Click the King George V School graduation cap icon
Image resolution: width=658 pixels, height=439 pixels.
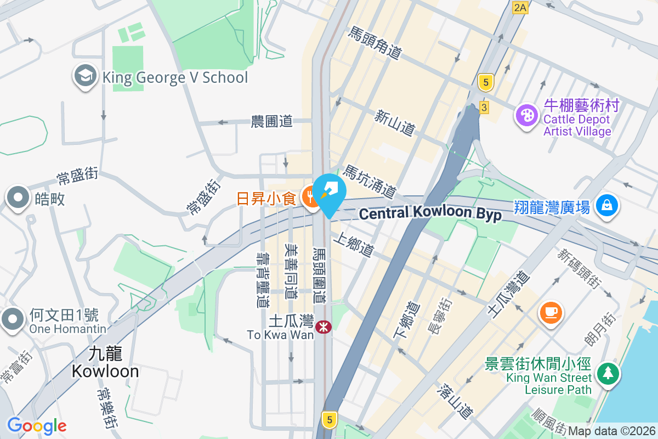pos(85,77)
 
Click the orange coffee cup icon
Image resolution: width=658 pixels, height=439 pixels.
pos(551,312)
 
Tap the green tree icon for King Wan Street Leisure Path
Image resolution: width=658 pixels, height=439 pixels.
pos(608,374)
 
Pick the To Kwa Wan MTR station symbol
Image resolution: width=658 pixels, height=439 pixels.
pos(324,328)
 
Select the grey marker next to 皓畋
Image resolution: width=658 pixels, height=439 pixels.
pos(18,198)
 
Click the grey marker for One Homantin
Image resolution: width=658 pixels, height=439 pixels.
pos(12,319)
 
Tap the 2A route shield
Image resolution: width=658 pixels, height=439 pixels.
pos(520,8)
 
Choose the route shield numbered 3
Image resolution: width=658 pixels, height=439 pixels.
pos(484,108)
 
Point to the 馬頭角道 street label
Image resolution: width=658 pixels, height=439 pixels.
pos(375,43)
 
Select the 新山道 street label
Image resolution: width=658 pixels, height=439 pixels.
pos(394,123)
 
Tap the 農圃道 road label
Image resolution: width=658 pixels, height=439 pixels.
pos(271,121)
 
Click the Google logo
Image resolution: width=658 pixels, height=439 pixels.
pos(36,426)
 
